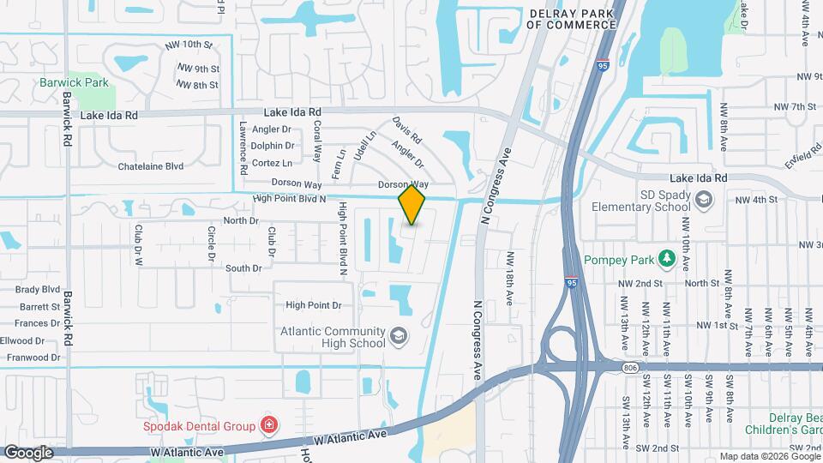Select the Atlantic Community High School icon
(x=398, y=335)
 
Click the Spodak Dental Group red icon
(x=269, y=425)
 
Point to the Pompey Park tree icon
(x=666, y=259)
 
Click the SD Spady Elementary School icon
(x=704, y=200)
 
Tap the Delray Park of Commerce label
(x=571, y=19)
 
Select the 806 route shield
(x=631, y=367)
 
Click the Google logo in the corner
(x=28, y=452)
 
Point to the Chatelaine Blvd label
(x=151, y=166)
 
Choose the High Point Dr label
(x=314, y=305)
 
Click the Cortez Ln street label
(x=272, y=163)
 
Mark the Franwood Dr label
(x=31, y=358)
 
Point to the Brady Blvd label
(x=38, y=290)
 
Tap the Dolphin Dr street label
(x=273, y=146)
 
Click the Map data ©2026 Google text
(x=769, y=456)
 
